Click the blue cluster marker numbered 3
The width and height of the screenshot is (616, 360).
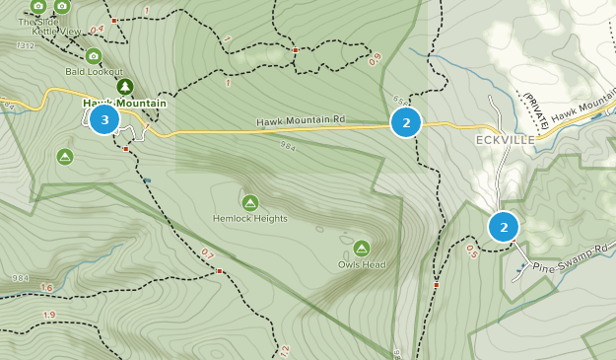click(104, 119)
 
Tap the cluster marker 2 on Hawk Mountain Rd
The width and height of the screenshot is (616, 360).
click(406, 122)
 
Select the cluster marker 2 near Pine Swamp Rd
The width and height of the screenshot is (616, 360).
click(504, 227)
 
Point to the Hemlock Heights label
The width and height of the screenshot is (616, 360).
click(250, 218)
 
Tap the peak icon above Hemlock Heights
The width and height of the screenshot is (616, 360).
click(250, 202)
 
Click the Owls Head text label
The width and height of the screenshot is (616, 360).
click(361, 264)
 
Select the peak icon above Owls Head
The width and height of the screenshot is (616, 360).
click(361, 249)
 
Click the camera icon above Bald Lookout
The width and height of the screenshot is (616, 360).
click(94, 56)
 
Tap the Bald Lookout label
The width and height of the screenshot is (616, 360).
click(95, 72)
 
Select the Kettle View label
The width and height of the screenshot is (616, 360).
click(56, 32)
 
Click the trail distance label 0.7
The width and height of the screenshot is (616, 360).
click(207, 253)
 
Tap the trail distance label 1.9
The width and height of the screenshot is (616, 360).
click(49, 315)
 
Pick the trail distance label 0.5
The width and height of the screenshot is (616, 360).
click(471, 252)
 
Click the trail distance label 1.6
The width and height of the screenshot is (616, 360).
click(47, 288)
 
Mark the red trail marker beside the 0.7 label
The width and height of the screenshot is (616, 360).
click(220, 270)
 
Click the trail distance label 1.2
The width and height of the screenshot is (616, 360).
click(284, 350)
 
